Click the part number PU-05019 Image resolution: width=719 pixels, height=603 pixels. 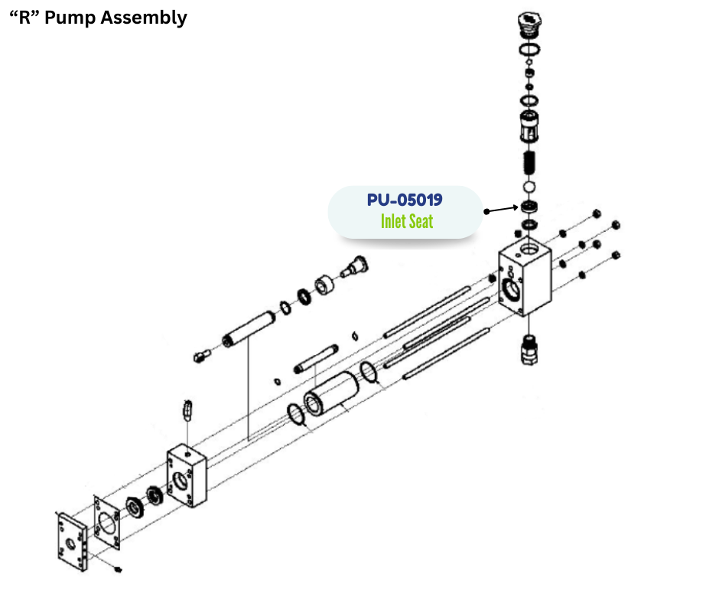click(x=404, y=201)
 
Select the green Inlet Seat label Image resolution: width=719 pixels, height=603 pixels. click(x=407, y=222)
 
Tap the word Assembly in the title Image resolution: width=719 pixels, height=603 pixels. click(x=145, y=18)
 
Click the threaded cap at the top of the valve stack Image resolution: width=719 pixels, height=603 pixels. click(x=527, y=23)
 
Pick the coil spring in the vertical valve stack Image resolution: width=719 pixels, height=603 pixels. click(x=528, y=162)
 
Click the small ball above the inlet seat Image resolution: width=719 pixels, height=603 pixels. click(x=528, y=187)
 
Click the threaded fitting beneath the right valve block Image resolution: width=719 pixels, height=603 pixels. click(x=529, y=349)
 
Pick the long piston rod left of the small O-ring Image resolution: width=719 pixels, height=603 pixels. click(x=247, y=329)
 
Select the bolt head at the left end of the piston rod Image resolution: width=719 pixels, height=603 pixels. click(x=202, y=355)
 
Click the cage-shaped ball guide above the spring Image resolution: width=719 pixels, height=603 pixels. click(x=528, y=126)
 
